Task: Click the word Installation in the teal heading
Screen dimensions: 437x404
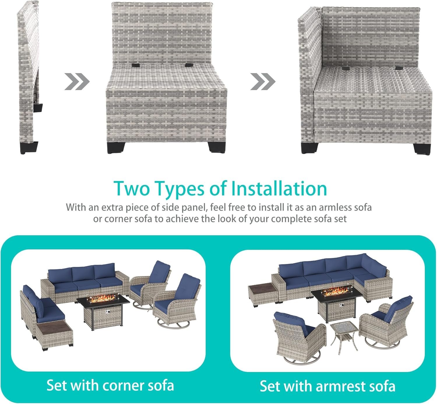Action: tap(279, 189)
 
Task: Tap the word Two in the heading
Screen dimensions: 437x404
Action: tap(132, 189)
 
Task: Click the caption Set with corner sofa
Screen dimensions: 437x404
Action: tap(110, 385)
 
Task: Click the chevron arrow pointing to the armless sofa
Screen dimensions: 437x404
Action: tap(77, 81)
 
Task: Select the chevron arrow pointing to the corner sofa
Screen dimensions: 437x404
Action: tap(263, 81)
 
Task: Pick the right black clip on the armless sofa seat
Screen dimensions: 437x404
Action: tap(188, 65)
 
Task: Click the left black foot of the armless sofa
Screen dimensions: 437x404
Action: tap(116, 148)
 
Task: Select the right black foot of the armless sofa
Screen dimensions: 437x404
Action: tap(217, 147)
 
